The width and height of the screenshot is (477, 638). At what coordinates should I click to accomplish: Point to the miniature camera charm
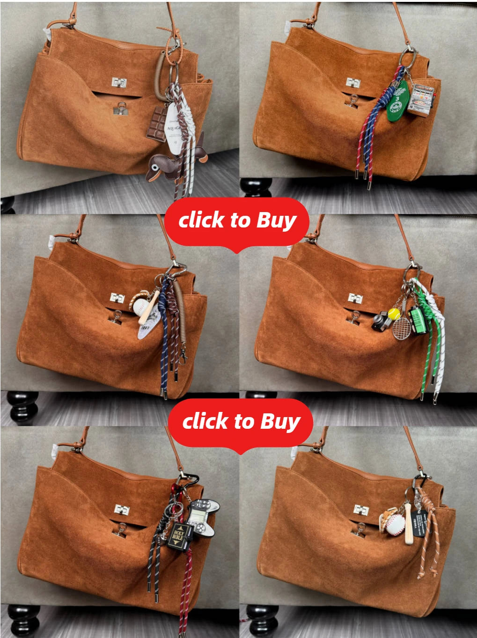(x=380, y=322)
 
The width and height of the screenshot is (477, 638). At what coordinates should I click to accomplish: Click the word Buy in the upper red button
(x=277, y=220)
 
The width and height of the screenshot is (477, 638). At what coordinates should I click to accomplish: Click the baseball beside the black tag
(x=396, y=525)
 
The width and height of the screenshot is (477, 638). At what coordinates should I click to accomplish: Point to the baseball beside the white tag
(x=140, y=306)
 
